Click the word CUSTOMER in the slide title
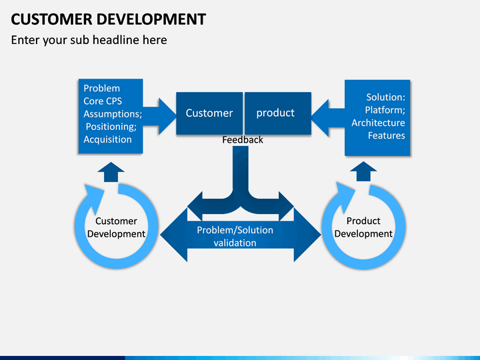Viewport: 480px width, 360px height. [x=51, y=19]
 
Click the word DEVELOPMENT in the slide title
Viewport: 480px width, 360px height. [x=151, y=19]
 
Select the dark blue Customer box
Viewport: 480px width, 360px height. [x=209, y=113]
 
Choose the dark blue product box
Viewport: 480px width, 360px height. [x=278, y=113]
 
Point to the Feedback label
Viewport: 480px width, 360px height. [x=243, y=140]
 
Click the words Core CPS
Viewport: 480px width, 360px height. [x=103, y=101]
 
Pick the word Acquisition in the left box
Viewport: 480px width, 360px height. [x=107, y=139]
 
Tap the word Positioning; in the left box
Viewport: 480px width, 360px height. [x=111, y=127]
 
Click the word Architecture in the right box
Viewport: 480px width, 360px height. [x=378, y=123]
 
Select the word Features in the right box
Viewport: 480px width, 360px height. [x=386, y=135]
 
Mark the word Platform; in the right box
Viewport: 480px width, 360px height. [x=385, y=110]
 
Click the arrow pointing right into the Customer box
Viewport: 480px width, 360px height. [x=159, y=116]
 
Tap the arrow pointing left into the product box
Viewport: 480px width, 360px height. [x=328, y=117]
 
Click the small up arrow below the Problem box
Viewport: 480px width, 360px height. [x=111, y=172]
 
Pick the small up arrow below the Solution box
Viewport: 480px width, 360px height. [x=363, y=171]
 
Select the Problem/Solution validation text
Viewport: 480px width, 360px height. [x=235, y=236]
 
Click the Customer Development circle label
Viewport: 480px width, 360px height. [x=116, y=227]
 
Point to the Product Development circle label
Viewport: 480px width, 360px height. [x=363, y=227]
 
